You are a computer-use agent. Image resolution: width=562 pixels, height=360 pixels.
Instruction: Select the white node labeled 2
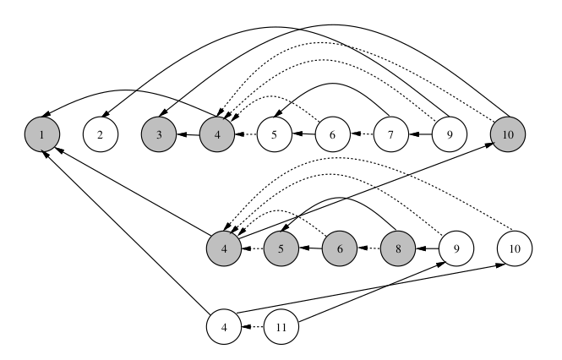(x=100, y=134)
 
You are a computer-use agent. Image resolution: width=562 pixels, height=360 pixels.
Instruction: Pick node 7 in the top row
(x=390, y=134)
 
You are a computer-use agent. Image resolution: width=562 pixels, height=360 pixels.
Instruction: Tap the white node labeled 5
(x=275, y=134)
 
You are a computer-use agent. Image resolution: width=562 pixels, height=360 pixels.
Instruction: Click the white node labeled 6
(x=333, y=134)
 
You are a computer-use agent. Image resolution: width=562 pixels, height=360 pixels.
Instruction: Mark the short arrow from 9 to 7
(x=419, y=134)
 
